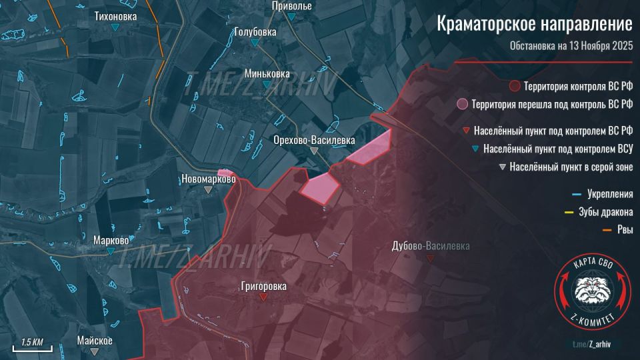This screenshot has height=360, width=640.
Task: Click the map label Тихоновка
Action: tap(117, 15)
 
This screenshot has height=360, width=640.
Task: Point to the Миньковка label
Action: tap(267, 73)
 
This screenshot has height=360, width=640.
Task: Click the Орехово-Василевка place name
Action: tap(314, 140)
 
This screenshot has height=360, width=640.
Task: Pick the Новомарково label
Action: tap(209, 179)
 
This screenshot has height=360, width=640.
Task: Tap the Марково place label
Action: tap(111, 240)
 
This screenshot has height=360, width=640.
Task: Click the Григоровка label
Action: tap(265, 286)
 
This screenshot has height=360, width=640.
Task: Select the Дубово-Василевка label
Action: tap(431, 246)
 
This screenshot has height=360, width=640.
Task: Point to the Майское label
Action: tap(94, 340)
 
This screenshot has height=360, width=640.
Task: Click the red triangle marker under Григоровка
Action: tap(265, 298)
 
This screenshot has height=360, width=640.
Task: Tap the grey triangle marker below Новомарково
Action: tap(209, 190)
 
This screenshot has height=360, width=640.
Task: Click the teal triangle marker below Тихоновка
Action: tap(117, 27)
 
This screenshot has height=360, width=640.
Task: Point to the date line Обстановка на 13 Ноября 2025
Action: tap(571, 46)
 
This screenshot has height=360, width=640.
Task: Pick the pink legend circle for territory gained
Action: tap(461, 105)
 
